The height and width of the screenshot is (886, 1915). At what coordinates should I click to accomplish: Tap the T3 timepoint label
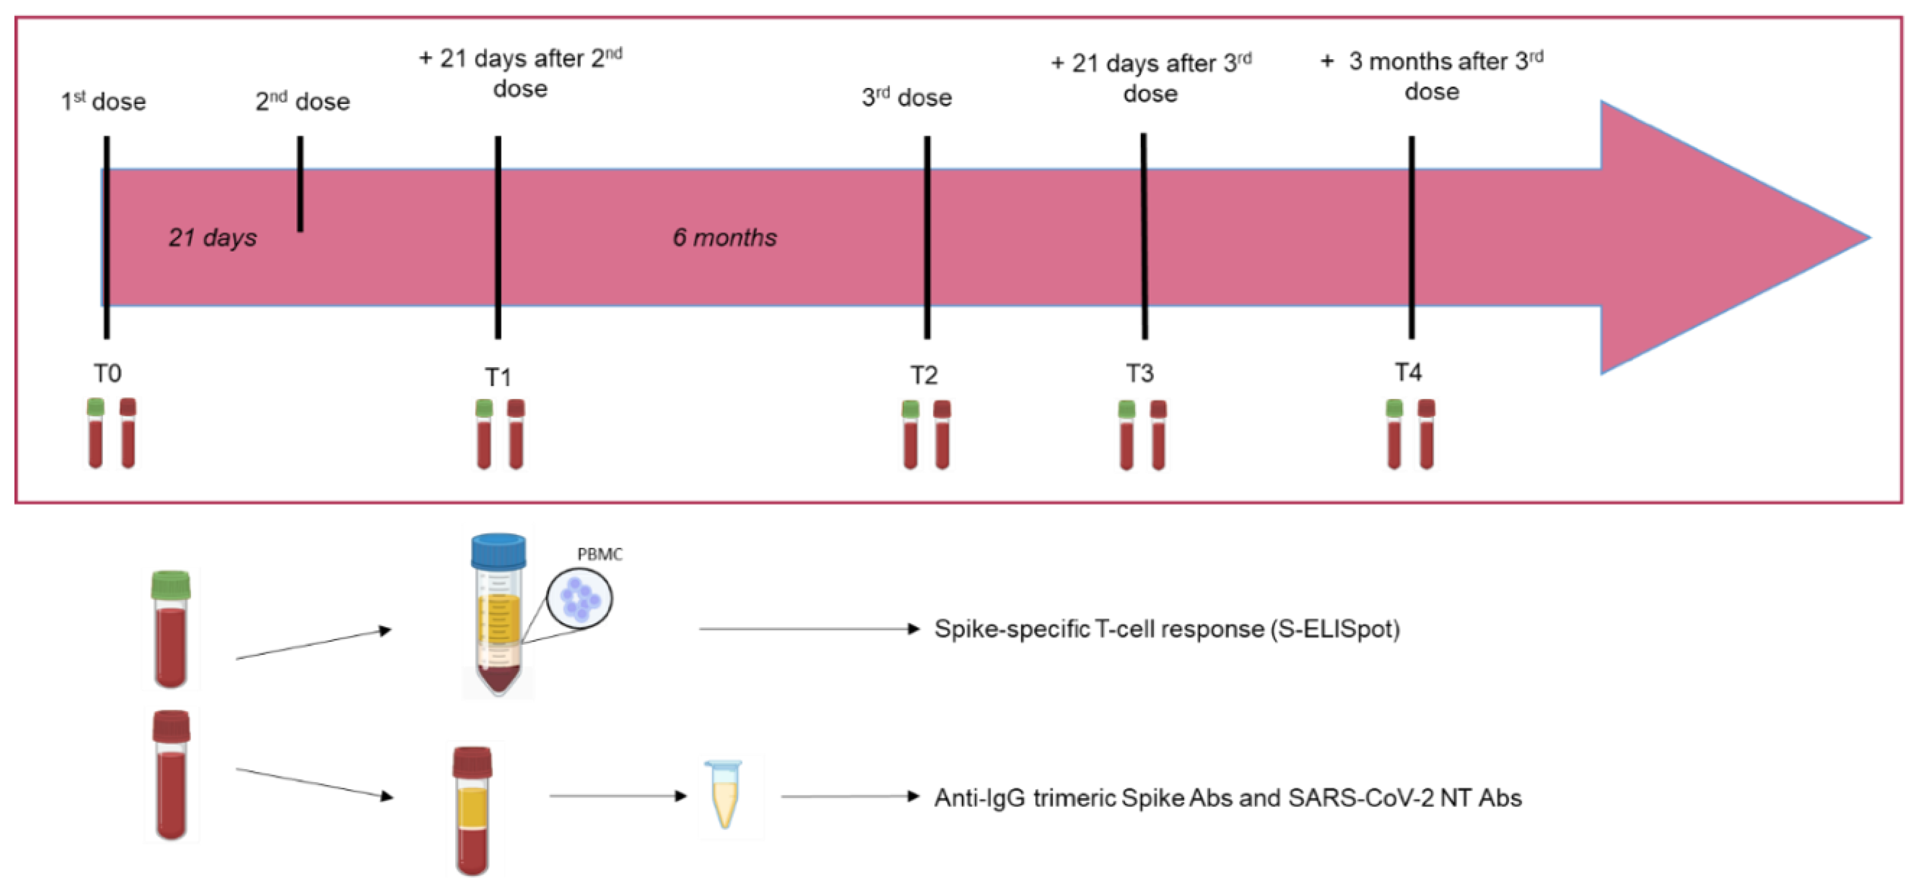pos(1139,373)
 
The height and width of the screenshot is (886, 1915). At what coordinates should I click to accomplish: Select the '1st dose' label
pos(103,100)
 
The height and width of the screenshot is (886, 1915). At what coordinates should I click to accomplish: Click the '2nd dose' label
pos(302,100)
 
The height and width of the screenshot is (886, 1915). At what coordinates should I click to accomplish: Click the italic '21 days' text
pos(212,237)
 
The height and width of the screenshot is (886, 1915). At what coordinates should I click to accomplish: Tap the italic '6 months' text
pos(725,237)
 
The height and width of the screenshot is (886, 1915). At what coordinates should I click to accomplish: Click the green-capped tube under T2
pos(910,434)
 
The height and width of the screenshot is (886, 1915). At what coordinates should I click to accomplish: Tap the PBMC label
pos(599,554)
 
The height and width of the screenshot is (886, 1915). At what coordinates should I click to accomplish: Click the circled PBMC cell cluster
pos(579,599)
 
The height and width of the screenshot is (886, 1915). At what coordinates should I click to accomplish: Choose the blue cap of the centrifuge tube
pos(498,550)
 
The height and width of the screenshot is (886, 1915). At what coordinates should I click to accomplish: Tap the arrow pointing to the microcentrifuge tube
pos(617,796)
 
